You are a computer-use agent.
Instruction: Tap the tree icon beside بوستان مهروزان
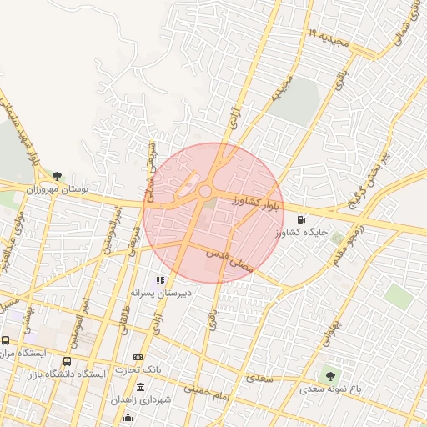[x=57, y=176]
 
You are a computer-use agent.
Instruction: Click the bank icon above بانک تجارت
[x=138, y=357]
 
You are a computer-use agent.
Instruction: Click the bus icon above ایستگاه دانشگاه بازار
[x=67, y=362]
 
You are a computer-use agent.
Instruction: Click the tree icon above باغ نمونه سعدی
[x=331, y=375]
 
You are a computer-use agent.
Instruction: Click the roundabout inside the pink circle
[x=204, y=193]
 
